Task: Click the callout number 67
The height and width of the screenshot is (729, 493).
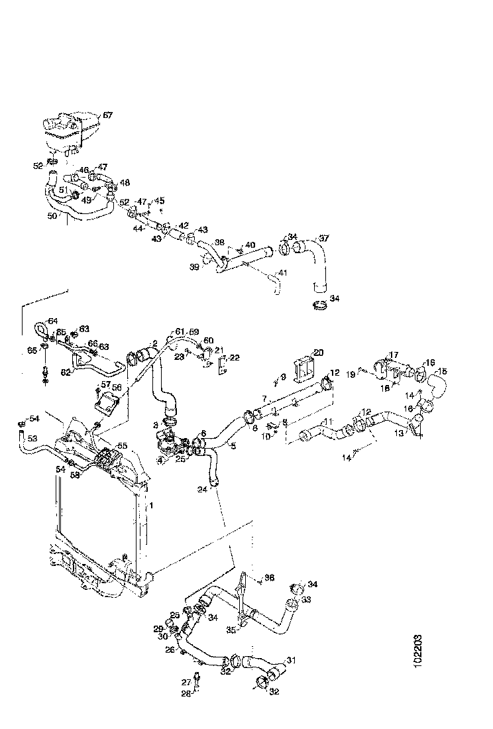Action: point(107,115)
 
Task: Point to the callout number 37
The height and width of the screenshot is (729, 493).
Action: point(324,239)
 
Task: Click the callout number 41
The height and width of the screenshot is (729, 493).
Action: point(283,273)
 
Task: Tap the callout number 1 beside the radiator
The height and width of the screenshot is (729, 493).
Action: point(151,506)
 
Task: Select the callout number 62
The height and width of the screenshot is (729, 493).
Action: point(65,372)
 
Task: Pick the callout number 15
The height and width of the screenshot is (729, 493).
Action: point(443,371)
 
